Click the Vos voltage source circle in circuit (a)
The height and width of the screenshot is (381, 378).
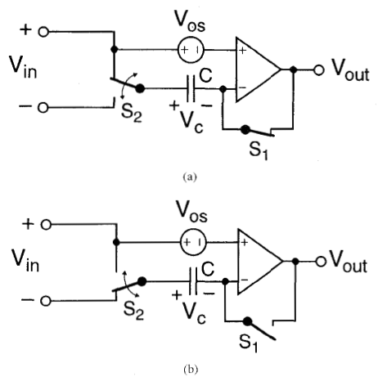[x=191, y=50]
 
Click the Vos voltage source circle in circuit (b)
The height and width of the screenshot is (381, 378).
[x=193, y=242]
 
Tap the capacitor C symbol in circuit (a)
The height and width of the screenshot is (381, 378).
[x=191, y=88]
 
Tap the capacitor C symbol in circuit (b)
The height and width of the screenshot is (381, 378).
[x=193, y=281]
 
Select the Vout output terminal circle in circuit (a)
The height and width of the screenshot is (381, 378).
[x=318, y=70]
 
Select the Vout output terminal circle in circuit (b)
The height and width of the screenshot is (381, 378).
[x=321, y=262]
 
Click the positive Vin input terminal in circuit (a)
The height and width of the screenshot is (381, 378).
[x=43, y=32]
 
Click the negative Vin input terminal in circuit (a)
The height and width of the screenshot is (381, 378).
[x=43, y=108]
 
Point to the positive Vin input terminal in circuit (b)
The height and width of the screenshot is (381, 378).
[x=46, y=225]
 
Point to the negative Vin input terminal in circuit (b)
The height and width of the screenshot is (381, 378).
[x=46, y=301]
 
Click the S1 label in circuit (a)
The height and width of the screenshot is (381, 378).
[x=259, y=150]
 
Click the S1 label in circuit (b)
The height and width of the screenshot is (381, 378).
[x=248, y=343]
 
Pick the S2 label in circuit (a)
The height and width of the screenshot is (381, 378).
[x=132, y=113]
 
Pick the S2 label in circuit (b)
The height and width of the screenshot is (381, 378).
[x=133, y=311]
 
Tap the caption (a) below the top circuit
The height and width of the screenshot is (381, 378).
[x=190, y=177]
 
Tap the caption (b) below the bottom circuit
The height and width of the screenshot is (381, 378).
[x=191, y=370]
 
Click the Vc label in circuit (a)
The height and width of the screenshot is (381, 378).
[x=191, y=123]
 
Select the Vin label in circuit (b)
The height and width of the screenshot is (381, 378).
[x=25, y=261]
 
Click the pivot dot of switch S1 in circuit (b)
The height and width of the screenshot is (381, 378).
[x=247, y=321]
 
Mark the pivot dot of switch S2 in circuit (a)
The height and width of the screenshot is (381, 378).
[x=140, y=88]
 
